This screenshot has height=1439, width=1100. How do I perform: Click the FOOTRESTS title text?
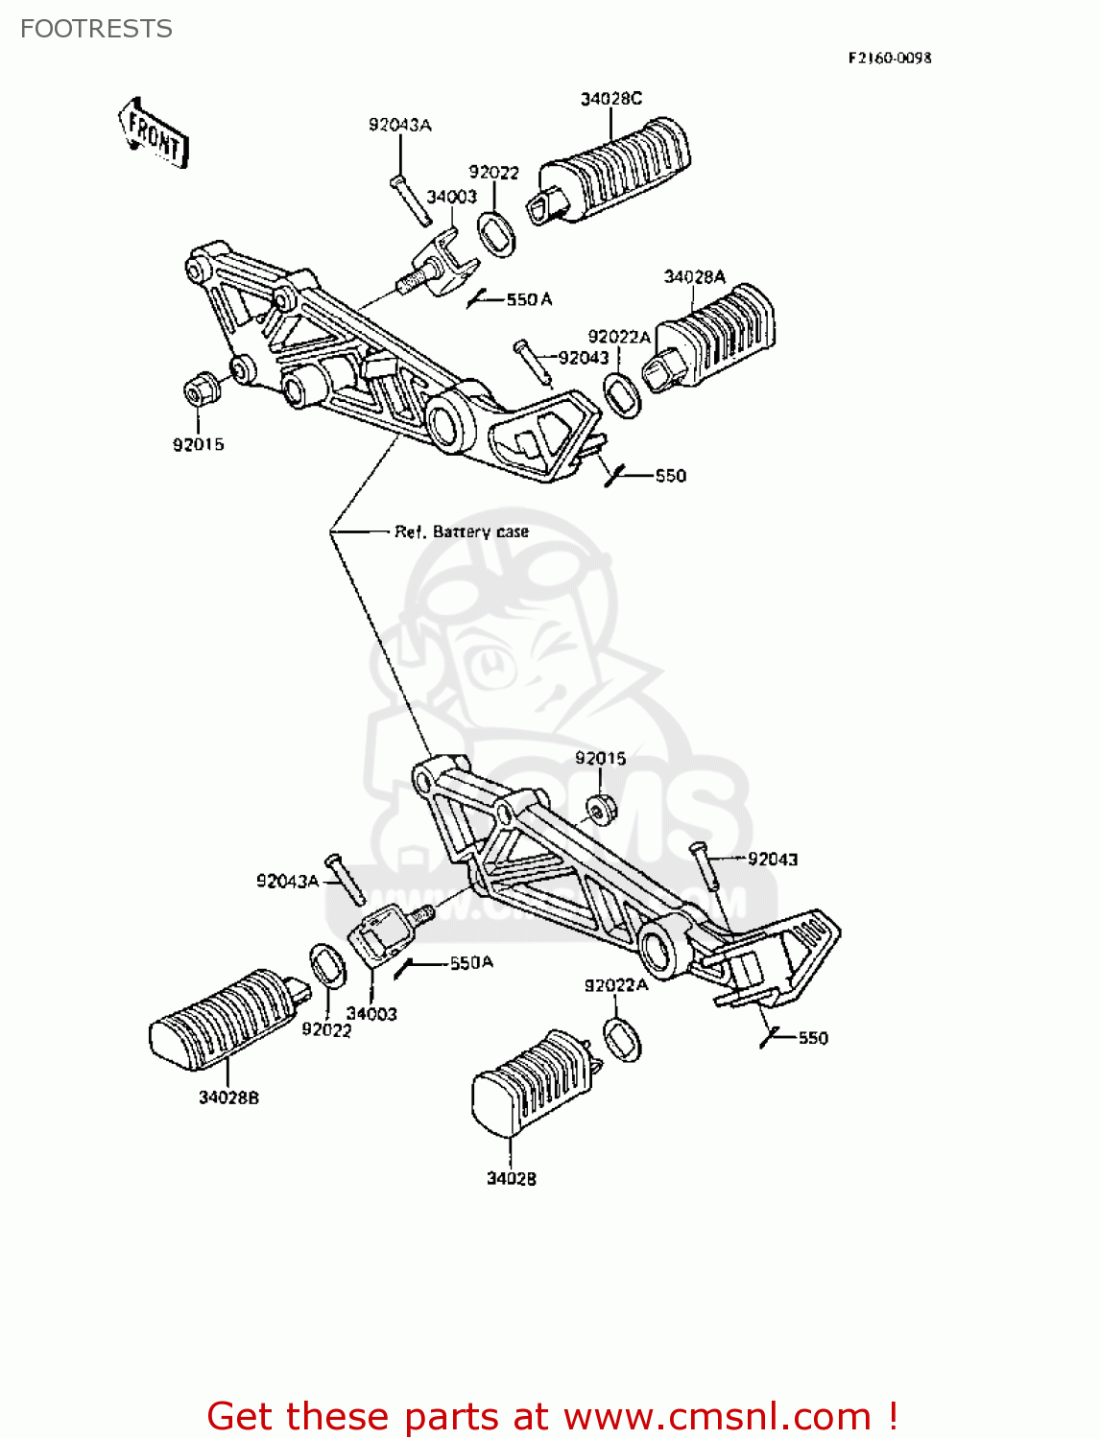coord(96,29)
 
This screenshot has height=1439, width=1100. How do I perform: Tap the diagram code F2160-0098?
coord(889,58)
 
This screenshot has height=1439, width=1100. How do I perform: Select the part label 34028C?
coord(610,99)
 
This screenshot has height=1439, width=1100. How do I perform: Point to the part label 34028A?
coord(695,277)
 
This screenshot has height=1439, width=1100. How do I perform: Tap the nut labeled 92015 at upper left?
coord(199,391)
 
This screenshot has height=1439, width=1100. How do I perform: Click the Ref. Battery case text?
coord(462,531)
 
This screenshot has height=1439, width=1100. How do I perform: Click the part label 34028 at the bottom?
coord(511,1178)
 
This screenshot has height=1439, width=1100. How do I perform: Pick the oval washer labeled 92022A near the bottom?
coord(622,1041)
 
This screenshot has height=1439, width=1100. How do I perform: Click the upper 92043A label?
coord(399,125)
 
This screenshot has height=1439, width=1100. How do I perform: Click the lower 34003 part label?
coord(371,1014)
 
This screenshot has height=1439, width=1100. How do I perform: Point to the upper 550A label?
coord(529,299)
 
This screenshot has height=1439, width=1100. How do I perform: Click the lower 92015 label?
coord(600,758)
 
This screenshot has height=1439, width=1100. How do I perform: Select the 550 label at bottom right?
coord(812,1038)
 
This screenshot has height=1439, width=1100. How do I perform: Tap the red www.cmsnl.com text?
coord(716,1417)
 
